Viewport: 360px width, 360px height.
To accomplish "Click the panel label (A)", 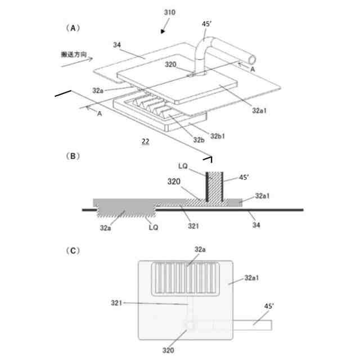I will [73, 26].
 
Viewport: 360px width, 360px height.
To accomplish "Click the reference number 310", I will [170, 11].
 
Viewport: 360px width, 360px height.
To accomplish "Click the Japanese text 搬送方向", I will [73, 55].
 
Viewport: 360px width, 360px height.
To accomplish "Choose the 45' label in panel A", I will [208, 24].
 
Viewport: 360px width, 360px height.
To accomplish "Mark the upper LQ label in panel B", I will [183, 167].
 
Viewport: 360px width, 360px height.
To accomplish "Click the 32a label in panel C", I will [200, 248].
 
